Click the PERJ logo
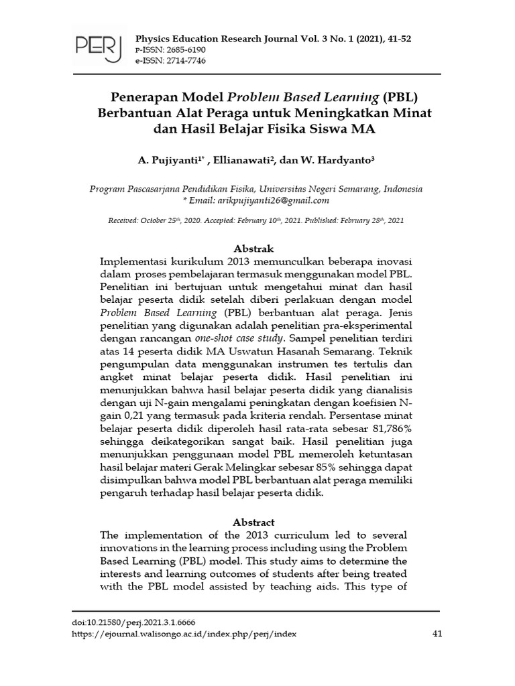point(98,48)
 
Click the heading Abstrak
point(253,249)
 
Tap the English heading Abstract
point(253,522)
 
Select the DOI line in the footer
point(133,622)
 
